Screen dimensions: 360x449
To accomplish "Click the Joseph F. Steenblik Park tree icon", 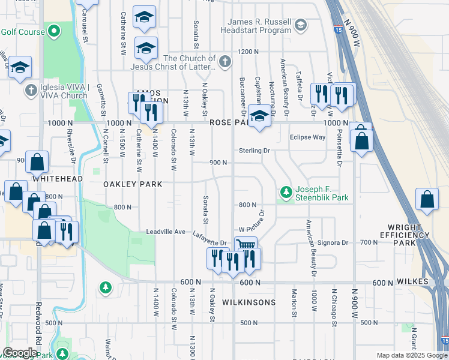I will pos(286,192).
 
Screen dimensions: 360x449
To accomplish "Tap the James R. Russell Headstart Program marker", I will pos(301,25).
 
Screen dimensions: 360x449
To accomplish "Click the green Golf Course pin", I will pos(55,31).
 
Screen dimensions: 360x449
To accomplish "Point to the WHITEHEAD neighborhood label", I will pos(58,179).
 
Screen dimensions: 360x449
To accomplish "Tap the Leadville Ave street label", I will pos(166,232).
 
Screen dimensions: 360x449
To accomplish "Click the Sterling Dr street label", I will pos(255,151).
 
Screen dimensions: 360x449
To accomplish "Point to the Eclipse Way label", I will pos(307,137).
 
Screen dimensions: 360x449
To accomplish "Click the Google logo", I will pos(20,353).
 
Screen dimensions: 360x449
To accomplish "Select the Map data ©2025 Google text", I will pos(411,355).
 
